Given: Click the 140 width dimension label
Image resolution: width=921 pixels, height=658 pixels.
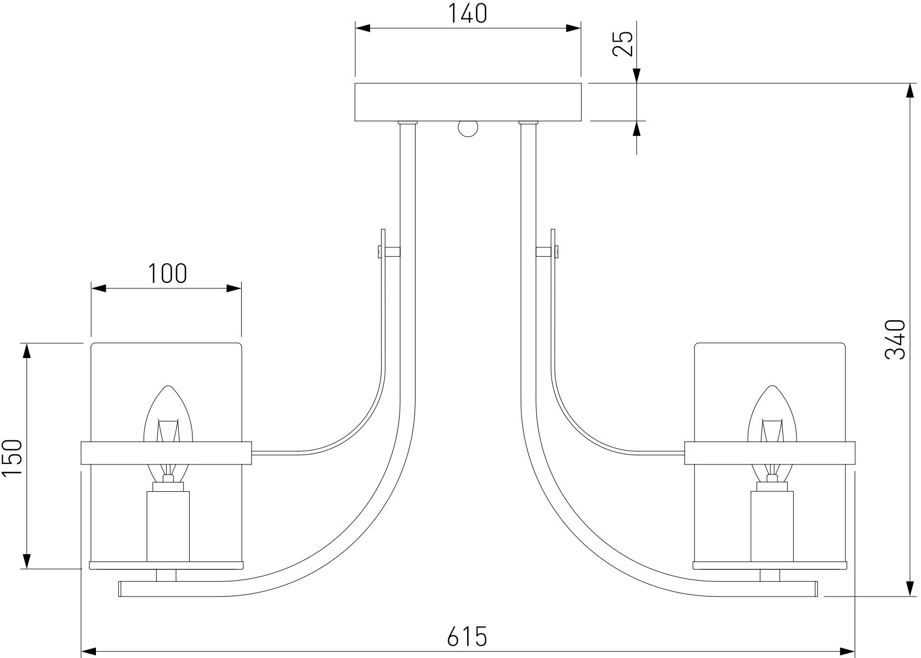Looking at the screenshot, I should coord(468,14).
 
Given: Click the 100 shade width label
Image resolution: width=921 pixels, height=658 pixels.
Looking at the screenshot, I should coord(166,273).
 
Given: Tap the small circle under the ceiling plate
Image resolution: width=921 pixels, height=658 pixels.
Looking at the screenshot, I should coord(468,128).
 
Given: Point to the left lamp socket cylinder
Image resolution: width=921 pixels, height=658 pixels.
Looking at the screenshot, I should coord(168,525).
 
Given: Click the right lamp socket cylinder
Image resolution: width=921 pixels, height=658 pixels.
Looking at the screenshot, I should coord(772,525).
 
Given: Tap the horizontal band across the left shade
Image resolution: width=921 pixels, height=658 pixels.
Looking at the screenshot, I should coord(166,453).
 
